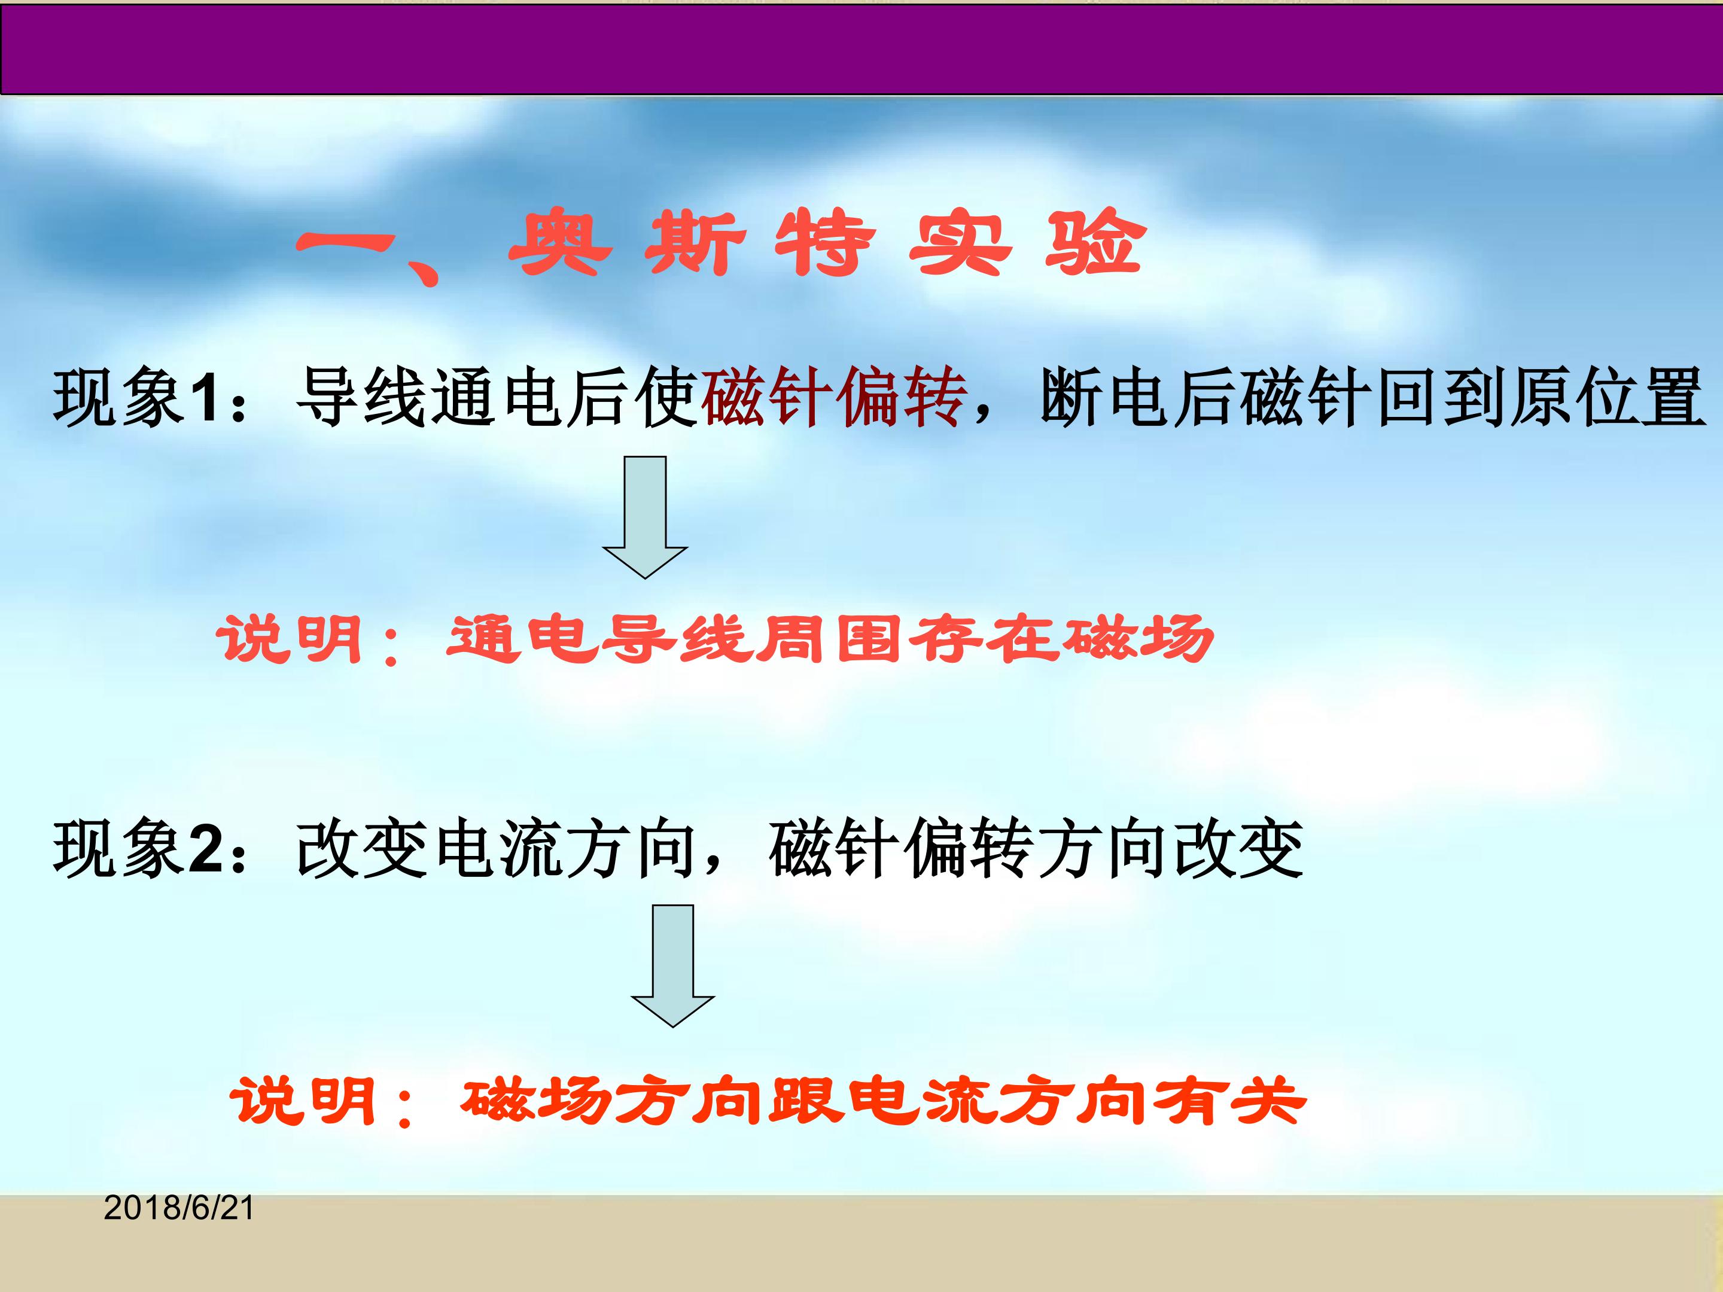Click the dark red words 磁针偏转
(x=834, y=397)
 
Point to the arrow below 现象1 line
(x=645, y=517)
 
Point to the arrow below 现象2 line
(x=672, y=965)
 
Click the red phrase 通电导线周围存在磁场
(x=830, y=639)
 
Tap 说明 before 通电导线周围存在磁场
(x=288, y=639)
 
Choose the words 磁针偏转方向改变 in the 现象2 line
(x=1036, y=849)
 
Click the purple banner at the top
(x=861, y=49)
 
